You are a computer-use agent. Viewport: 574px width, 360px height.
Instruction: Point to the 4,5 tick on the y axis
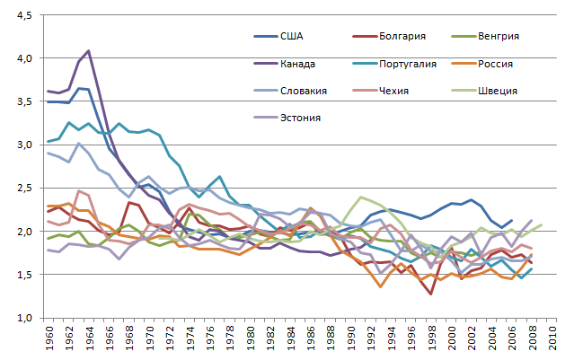[22, 15]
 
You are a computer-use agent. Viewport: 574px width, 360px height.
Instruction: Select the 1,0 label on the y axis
[22, 318]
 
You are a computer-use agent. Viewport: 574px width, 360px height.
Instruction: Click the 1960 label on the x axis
[49, 340]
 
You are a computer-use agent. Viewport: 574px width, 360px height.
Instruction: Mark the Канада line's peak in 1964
[88, 50]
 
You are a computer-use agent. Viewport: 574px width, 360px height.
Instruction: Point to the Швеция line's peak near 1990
[360, 197]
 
